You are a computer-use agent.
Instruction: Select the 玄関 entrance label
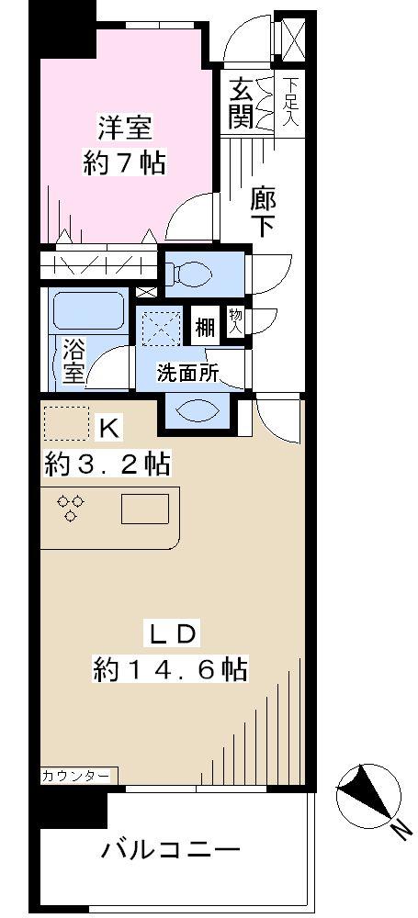coord(241,103)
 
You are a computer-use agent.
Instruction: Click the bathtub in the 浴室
coord(89,311)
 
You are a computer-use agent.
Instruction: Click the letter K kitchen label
coord(108,427)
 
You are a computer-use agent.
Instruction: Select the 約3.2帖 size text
coord(107,465)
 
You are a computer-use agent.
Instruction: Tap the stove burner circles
coord(71,508)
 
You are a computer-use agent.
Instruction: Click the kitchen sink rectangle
coord(145,508)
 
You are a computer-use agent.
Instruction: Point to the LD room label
coord(170,634)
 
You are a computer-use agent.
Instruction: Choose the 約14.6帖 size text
coord(170,669)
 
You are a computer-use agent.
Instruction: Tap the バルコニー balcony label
coord(171,850)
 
